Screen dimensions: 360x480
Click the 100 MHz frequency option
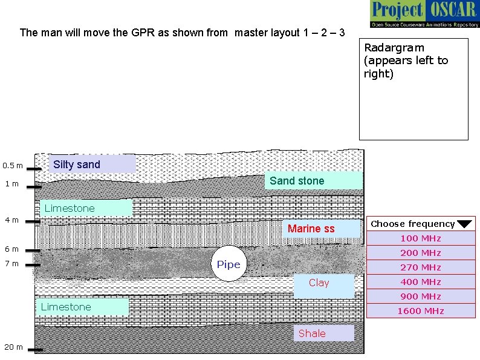click(x=420, y=238)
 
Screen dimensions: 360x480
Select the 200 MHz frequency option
click(x=420, y=253)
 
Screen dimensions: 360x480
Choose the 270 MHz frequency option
click(x=420, y=267)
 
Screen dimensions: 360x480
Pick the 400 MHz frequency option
click(x=420, y=282)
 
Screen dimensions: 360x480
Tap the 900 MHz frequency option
click(x=420, y=296)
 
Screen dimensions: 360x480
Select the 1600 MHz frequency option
click(x=420, y=311)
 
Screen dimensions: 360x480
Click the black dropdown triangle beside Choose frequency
click(x=464, y=224)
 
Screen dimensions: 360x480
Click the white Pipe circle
click(x=229, y=264)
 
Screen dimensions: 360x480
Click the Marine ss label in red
click(x=311, y=229)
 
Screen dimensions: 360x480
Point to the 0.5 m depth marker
click(x=13, y=166)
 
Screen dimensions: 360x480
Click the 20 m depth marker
click(x=13, y=347)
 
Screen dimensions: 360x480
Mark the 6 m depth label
click(x=11, y=249)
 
